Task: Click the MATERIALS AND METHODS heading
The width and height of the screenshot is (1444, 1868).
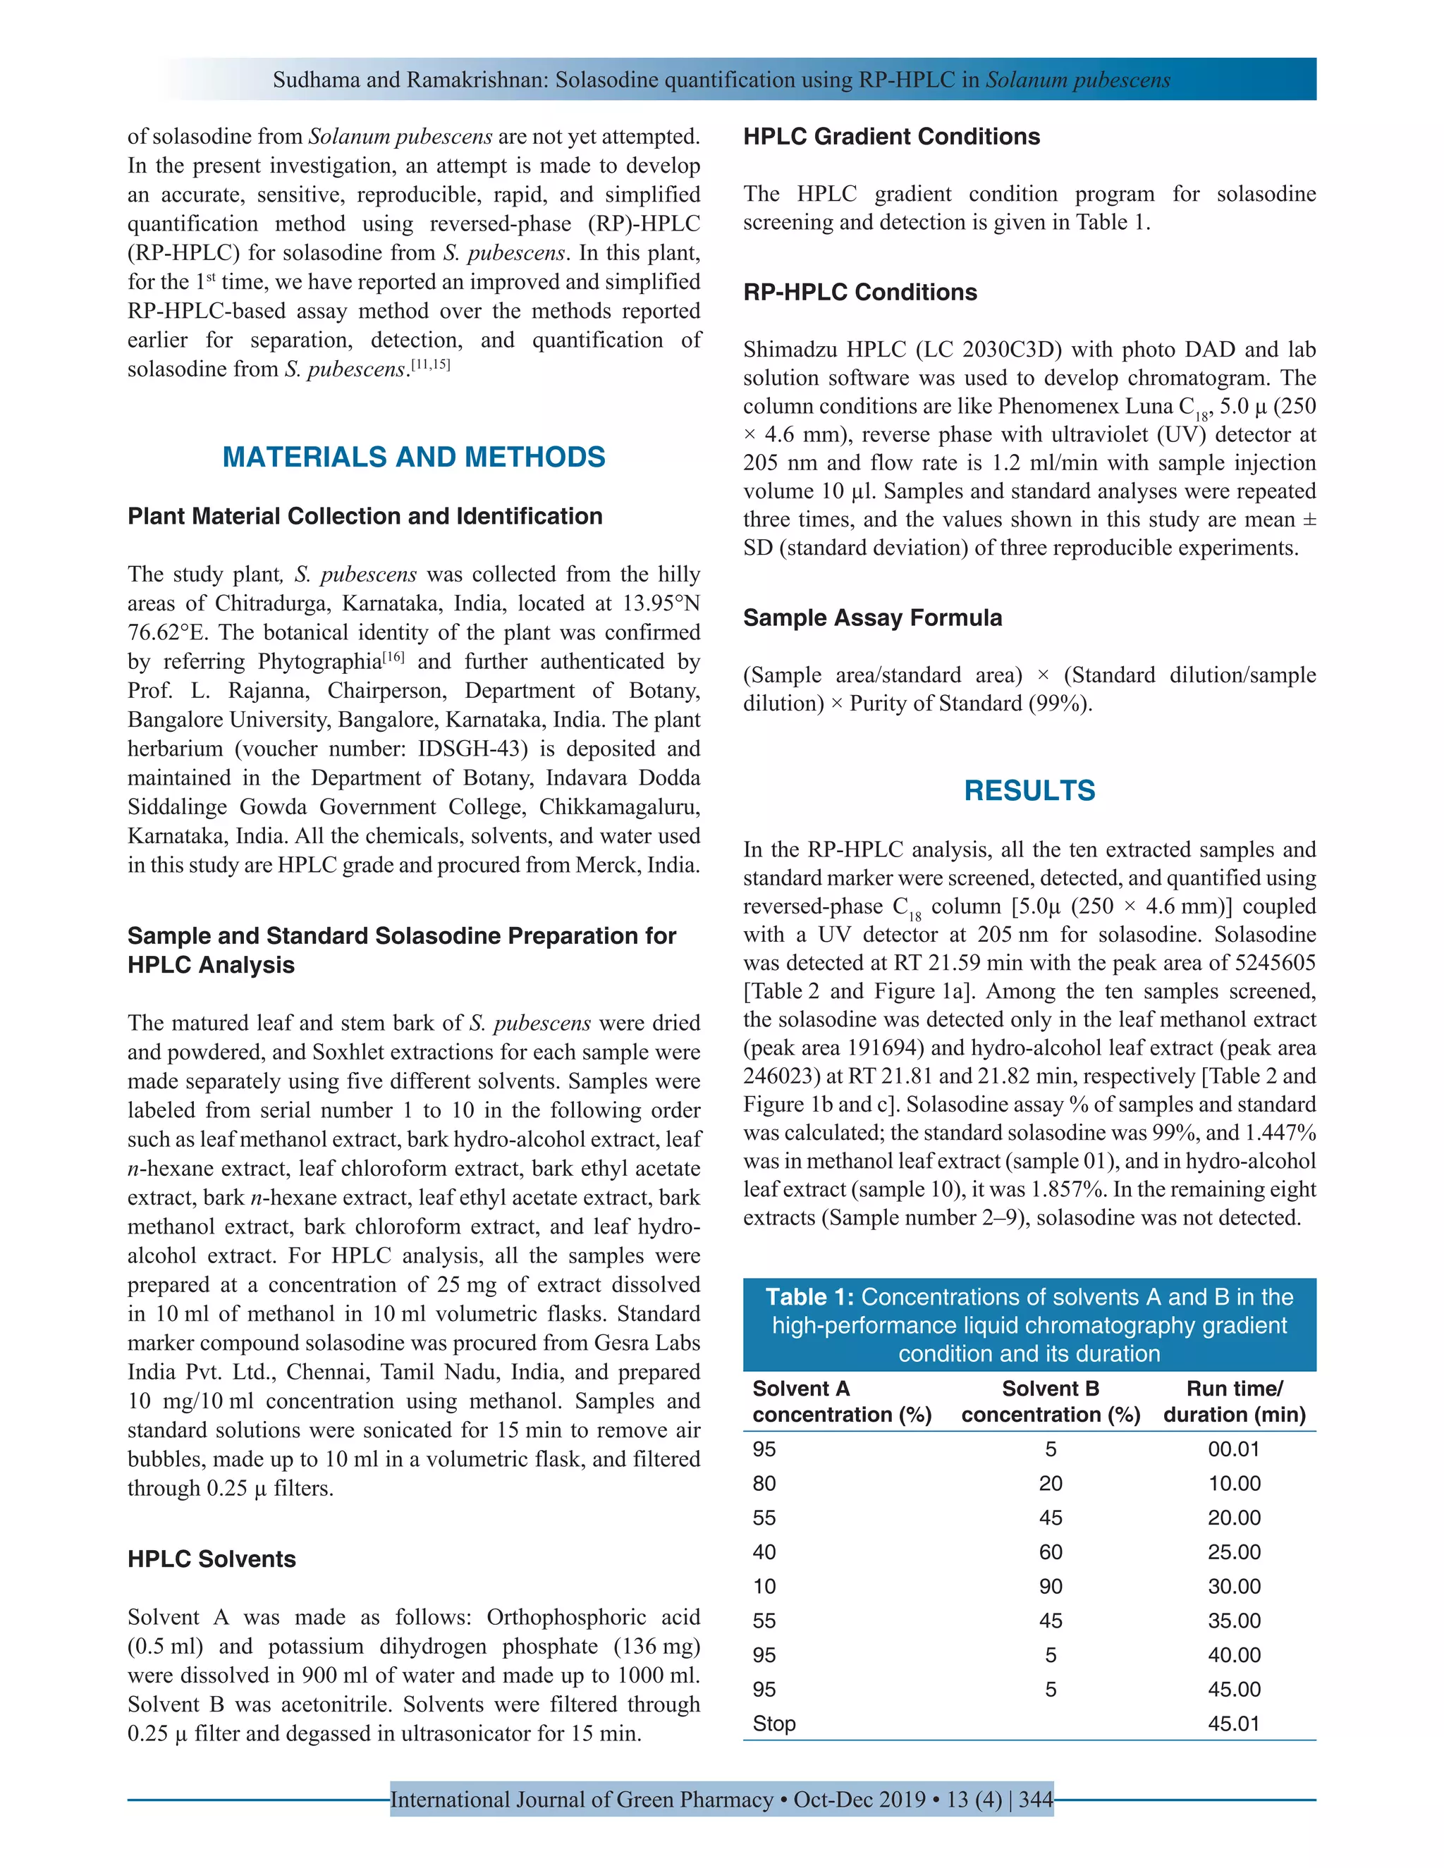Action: point(413,457)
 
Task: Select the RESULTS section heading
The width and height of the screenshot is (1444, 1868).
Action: point(1029,790)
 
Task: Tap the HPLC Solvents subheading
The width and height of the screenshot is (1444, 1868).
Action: point(212,1559)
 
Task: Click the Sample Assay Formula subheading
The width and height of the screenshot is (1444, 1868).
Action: point(871,617)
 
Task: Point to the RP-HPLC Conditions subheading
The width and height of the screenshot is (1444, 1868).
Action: point(859,292)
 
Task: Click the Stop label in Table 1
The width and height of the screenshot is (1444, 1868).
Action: point(773,1723)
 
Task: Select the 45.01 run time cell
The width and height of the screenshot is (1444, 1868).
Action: point(1234,1723)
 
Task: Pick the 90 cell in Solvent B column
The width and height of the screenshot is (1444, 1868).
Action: point(1051,1587)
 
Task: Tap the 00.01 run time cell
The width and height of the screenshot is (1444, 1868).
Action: point(1234,1449)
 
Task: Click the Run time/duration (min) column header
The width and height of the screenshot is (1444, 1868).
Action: point(1234,1401)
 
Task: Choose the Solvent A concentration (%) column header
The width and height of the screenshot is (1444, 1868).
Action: point(842,1401)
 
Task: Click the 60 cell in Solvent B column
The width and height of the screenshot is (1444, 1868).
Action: point(1051,1552)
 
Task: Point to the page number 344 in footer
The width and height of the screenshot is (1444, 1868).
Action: point(1036,1800)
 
